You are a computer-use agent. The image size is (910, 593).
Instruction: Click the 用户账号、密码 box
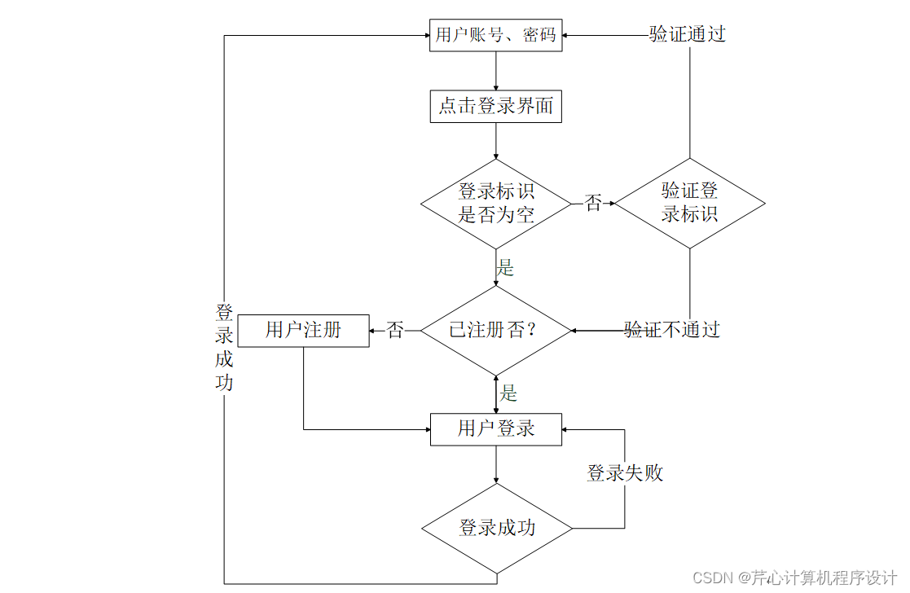click(x=495, y=35)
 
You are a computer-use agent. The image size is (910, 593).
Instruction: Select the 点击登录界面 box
click(x=495, y=106)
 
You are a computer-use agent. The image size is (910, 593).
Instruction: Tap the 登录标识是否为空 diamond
click(x=496, y=203)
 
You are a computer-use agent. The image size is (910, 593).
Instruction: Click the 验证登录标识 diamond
click(x=689, y=203)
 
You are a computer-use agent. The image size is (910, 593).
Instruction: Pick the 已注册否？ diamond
click(x=496, y=330)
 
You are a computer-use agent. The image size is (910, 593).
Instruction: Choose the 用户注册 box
click(x=303, y=330)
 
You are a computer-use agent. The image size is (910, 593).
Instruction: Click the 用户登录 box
click(x=495, y=428)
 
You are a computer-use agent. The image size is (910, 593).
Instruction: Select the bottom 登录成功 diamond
click(x=496, y=528)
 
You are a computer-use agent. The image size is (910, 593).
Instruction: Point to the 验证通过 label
click(x=687, y=34)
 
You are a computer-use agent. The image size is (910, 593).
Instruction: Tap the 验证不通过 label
click(x=672, y=330)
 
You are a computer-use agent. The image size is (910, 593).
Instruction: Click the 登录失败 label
click(x=625, y=473)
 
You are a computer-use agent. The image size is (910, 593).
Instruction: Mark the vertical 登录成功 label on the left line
click(x=224, y=347)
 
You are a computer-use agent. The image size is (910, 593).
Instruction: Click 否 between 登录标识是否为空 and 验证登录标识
click(x=593, y=204)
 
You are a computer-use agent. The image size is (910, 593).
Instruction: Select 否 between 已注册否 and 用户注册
click(x=395, y=331)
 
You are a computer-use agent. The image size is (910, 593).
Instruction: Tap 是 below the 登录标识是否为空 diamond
click(x=506, y=267)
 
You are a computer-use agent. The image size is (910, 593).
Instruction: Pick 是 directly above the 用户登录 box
click(x=508, y=394)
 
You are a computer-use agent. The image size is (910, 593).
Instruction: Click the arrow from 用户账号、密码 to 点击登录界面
click(x=496, y=71)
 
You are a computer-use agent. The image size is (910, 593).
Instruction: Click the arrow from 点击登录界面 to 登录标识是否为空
click(x=496, y=140)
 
